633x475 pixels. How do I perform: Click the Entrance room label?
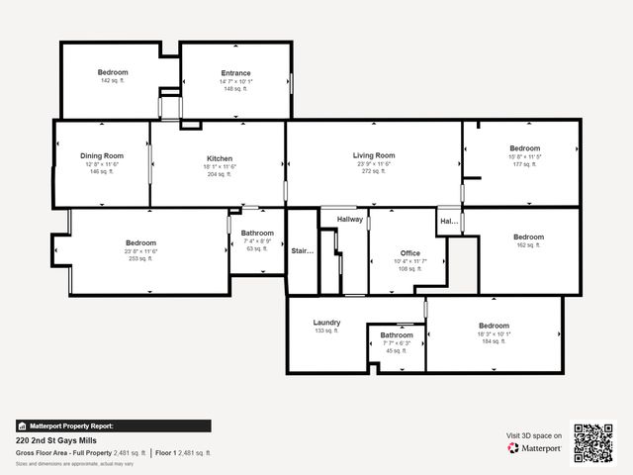click(235, 73)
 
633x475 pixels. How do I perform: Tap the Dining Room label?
click(102, 155)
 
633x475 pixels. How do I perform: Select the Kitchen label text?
click(220, 158)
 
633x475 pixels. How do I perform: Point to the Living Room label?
click(374, 155)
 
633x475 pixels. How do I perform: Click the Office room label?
click(409, 253)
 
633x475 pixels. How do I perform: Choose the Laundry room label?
click(326, 323)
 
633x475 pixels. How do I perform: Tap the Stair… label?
click(302, 251)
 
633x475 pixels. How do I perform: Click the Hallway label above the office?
click(350, 219)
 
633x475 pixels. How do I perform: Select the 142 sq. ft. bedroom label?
click(112, 72)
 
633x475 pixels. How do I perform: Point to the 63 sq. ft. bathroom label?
click(257, 248)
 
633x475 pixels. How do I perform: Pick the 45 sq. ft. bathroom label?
click(397, 350)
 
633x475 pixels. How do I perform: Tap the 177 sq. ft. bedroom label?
click(524, 164)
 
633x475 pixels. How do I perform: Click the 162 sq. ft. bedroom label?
click(528, 244)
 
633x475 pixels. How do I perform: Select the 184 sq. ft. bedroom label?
click(494, 341)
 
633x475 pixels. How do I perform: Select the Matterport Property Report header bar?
click(113, 426)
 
